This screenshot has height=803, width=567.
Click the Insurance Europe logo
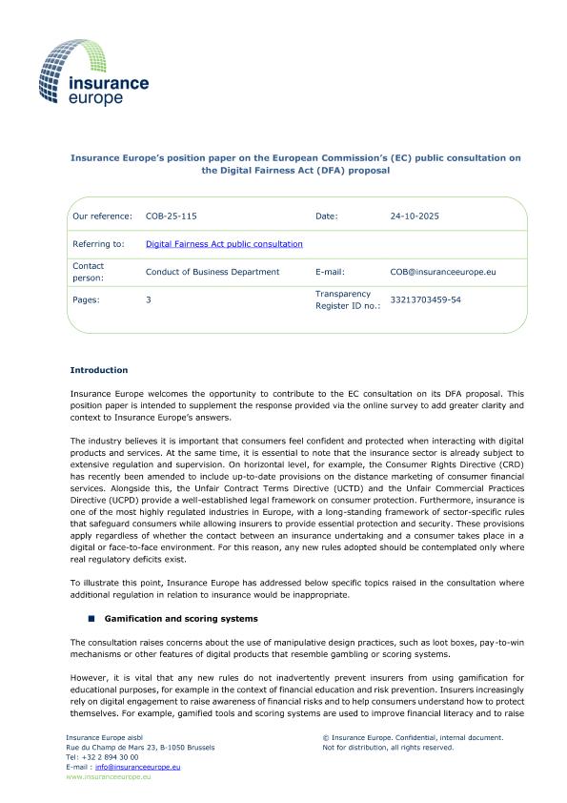pos(93,72)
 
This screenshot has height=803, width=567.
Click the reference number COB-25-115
pos(172,216)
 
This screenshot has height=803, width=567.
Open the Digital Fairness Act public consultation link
pos(224,244)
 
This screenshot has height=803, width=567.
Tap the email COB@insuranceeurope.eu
pos(443,272)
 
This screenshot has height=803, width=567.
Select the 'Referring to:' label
pos(98,244)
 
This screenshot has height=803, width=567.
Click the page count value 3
pos(148,299)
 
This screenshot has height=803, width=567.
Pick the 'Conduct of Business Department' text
pos(213,272)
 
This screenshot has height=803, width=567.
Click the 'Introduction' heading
pos(99,370)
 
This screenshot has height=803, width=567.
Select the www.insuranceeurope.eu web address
pos(101,777)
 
